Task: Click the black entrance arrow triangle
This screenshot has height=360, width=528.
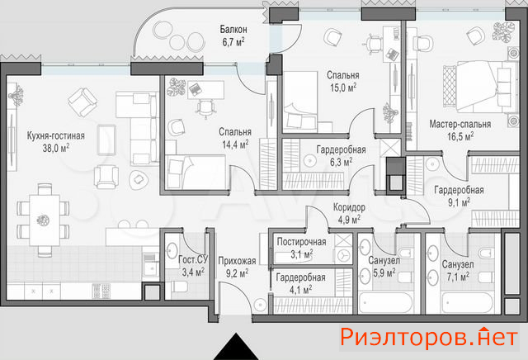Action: click(x=236, y=347)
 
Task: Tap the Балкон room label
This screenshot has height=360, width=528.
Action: click(x=233, y=30)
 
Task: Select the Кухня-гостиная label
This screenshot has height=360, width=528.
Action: click(x=55, y=136)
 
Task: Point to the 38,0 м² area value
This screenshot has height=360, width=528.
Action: click(x=56, y=148)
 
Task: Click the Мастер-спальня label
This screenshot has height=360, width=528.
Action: click(x=460, y=124)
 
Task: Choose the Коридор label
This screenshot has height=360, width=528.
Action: click(x=349, y=207)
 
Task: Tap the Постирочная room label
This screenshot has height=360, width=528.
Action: click(x=301, y=242)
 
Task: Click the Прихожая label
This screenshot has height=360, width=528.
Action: click(x=237, y=261)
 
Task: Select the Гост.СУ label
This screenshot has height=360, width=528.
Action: click(x=193, y=259)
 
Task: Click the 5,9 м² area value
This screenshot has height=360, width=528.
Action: click(x=384, y=272)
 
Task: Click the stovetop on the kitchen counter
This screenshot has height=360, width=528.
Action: click(x=101, y=291)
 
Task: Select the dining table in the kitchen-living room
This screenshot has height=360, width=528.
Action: click(x=45, y=220)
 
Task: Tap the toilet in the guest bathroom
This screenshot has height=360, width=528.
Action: click(x=180, y=287)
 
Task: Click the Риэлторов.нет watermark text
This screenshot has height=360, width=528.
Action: click(x=429, y=337)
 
